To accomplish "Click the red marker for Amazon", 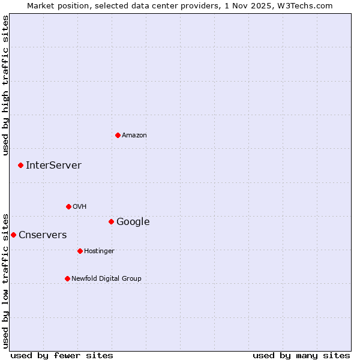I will pyautogui.click(x=118, y=135).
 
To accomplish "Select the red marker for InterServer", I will pyautogui.click(x=20, y=165).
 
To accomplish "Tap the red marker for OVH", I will pyautogui.click(x=68, y=206).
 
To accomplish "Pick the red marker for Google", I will pyautogui.click(x=111, y=221).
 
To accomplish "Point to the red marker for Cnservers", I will pyautogui.click(x=13, y=235).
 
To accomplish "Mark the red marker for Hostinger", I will pyautogui.click(x=80, y=251).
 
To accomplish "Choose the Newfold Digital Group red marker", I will pyautogui.click(x=67, y=278).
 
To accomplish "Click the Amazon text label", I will pyautogui.click(x=134, y=136).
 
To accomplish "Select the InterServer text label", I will pyautogui.click(x=53, y=166).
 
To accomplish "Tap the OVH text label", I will pyautogui.click(x=80, y=207).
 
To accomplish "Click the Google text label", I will pyautogui.click(x=133, y=222).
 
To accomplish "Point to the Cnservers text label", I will pyautogui.click(x=43, y=235).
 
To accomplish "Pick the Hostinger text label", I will pyautogui.click(x=99, y=251).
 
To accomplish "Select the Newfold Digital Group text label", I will pyautogui.click(x=106, y=279).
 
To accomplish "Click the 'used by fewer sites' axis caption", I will pyautogui.click(x=62, y=356).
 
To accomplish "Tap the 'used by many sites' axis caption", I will pyautogui.click(x=301, y=356).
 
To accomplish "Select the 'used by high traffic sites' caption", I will pyautogui.click(x=5, y=85).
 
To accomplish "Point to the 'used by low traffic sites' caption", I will pyautogui.click(x=5, y=281).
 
